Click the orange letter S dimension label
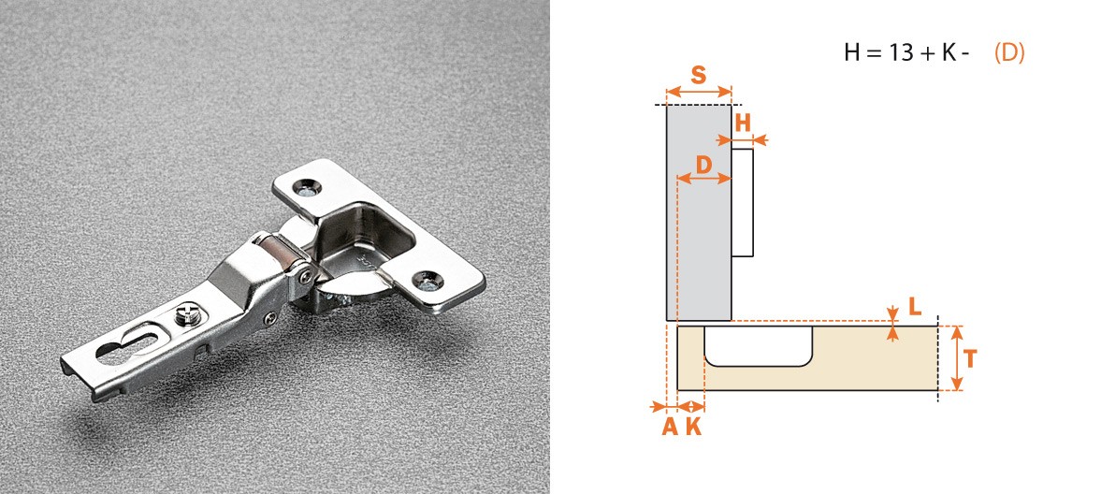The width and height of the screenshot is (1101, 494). pos(698,75)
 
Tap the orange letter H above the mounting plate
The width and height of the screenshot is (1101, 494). pos(743,123)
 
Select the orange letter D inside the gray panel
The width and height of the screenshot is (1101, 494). pos(703,165)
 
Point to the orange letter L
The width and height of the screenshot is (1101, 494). pos(914,306)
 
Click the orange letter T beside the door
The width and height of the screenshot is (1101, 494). pos(970,359)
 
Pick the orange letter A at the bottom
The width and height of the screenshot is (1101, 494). pos(670,427)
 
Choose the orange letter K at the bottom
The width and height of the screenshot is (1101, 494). pos(693,427)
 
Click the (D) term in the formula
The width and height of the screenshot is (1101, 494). pos(1009,53)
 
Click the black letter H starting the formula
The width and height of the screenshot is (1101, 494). pos(852,53)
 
